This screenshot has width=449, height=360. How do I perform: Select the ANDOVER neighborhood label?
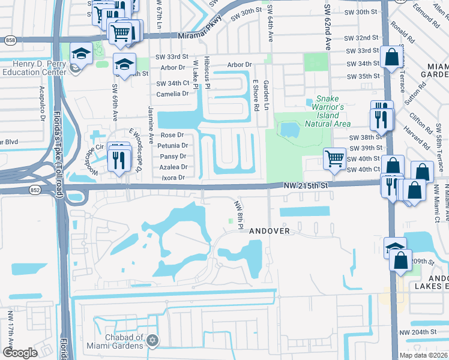click(270, 230)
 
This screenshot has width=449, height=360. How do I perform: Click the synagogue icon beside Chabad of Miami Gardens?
click(152, 341)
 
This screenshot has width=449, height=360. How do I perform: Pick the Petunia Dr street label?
click(173, 146)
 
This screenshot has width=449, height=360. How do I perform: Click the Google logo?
click(20, 353)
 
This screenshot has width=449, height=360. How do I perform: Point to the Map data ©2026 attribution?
click(423, 355)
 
